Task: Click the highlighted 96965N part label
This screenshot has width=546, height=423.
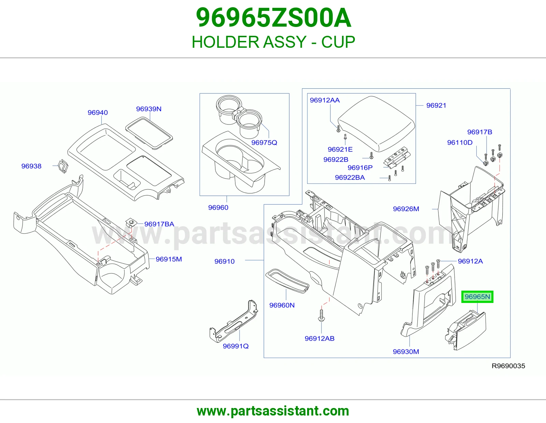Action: (x=477, y=297)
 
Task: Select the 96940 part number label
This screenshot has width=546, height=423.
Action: (x=98, y=113)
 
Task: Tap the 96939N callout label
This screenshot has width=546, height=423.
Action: (x=149, y=109)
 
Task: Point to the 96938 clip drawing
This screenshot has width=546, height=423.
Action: (x=63, y=166)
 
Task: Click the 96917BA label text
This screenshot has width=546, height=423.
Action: (x=159, y=224)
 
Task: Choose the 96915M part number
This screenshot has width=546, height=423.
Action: (x=169, y=259)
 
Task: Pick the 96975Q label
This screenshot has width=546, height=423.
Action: (x=264, y=143)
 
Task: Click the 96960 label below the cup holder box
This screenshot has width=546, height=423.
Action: (x=218, y=207)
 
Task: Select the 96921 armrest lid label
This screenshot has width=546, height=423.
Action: (x=436, y=105)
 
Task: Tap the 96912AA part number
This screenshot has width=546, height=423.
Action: (x=325, y=100)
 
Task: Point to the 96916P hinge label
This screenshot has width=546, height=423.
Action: (x=360, y=167)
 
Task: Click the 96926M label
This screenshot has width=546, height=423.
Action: (x=406, y=209)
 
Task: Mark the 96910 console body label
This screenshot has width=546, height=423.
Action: (x=225, y=261)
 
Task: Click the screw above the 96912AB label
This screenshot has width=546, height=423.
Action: (x=321, y=315)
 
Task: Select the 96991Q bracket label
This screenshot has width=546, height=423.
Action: (x=236, y=346)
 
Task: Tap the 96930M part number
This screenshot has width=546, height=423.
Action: (x=406, y=351)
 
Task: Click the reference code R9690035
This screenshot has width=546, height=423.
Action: (x=508, y=366)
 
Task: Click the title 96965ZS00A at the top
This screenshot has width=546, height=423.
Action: (x=273, y=18)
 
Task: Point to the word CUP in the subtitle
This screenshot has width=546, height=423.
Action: (x=338, y=42)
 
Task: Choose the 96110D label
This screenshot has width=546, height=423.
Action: (x=460, y=143)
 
